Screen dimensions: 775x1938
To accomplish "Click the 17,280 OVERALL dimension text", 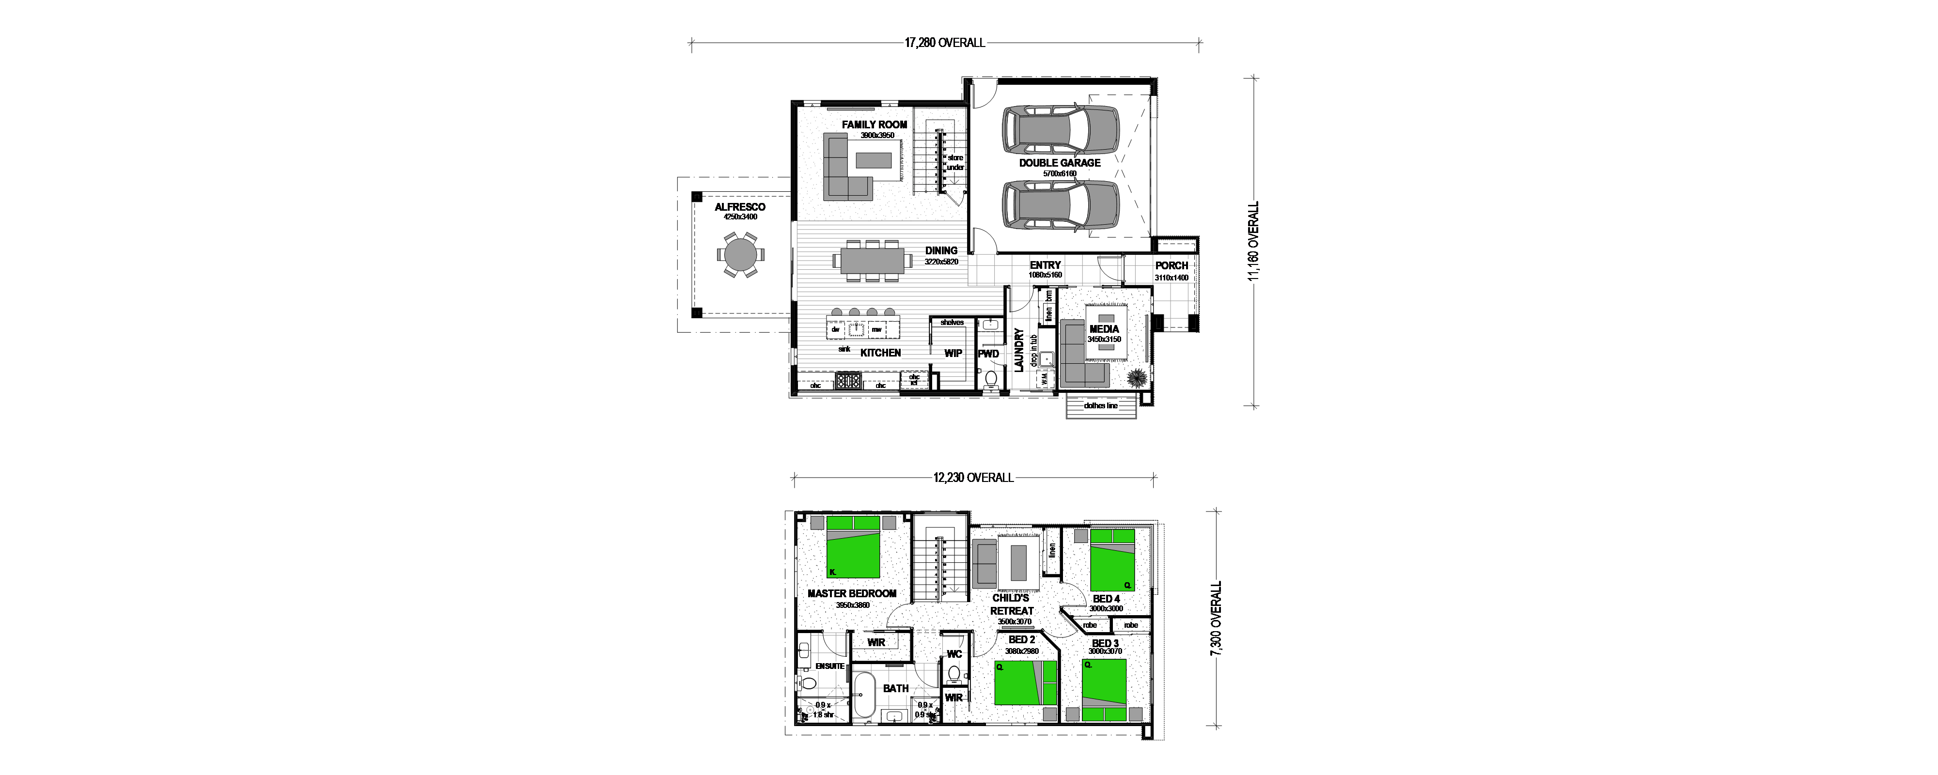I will (944, 43).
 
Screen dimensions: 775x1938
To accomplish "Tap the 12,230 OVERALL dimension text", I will (973, 478).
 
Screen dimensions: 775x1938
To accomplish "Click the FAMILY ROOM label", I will (874, 125).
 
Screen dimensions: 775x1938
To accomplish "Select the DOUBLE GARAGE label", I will (1059, 163).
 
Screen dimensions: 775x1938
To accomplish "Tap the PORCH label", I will (1172, 265).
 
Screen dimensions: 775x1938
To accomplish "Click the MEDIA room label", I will (1104, 329).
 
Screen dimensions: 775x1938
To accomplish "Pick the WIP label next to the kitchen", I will (953, 353).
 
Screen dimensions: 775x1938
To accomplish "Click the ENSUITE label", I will (830, 666).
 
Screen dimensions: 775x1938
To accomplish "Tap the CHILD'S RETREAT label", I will (1011, 604).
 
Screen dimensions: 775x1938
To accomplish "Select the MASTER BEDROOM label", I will (852, 594).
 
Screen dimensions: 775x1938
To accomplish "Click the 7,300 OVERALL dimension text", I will (1216, 619).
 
